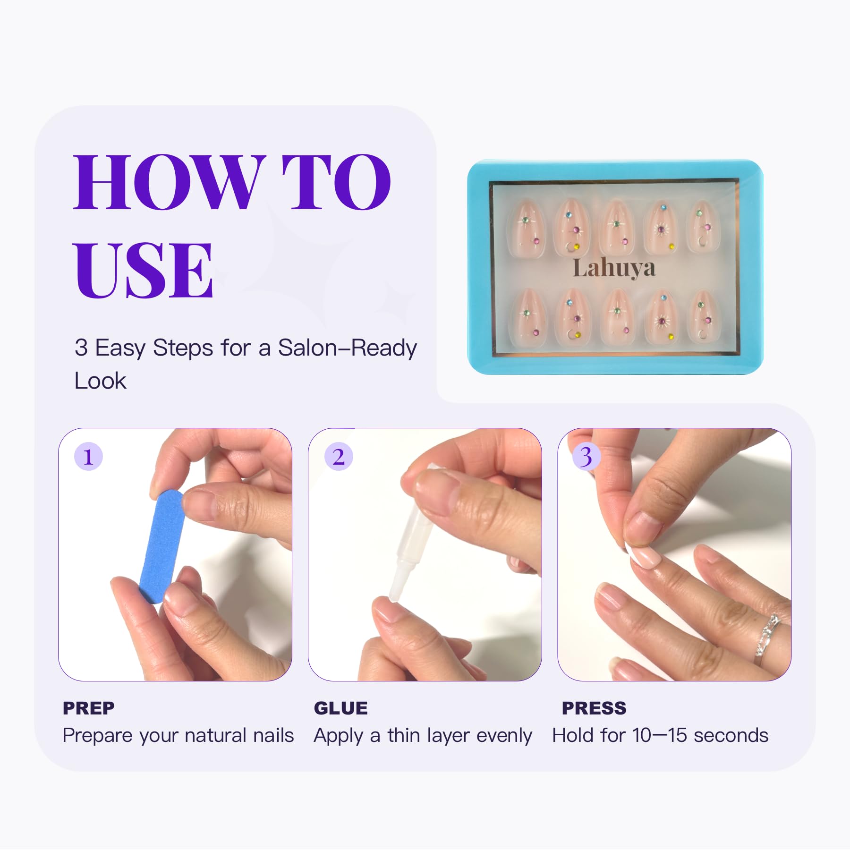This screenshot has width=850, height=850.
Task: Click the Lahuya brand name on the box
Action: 614,268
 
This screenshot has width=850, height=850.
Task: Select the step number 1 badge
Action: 88,457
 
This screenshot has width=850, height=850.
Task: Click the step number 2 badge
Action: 339,457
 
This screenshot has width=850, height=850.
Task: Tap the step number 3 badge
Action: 586,457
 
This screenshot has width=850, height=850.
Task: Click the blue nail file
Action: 162,546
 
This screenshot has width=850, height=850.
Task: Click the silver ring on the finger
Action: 768,637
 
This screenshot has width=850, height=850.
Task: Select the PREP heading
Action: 89,708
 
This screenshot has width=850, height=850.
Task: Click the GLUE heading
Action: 341,708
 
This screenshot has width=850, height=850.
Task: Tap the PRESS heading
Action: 594,708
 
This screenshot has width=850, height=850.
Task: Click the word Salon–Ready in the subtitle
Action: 347,348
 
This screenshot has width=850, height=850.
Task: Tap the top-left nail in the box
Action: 527,229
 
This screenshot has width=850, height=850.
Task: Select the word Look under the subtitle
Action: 100,381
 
